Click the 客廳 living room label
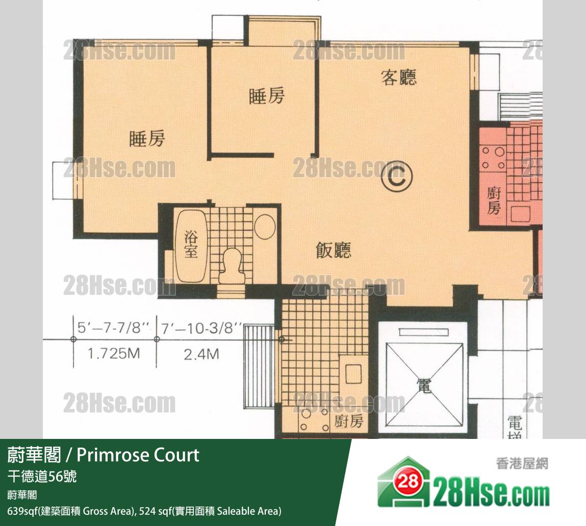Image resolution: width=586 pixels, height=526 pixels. pyautogui.click(x=398, y=77)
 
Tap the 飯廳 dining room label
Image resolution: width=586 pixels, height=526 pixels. pyautogui.click(x=334, y=250)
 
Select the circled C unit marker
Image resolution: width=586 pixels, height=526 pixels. pyautogui.click(x=397, y=177)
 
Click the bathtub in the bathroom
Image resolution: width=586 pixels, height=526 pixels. pyautogui.click(x=191, y=246)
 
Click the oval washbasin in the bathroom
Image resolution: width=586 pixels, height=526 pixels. pyautogui.click(x=265, y=226)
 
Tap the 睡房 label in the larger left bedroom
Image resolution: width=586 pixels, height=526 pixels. pyautogui.click(x=147, y=139)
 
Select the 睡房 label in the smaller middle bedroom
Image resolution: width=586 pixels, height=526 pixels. pyautogui.click(x=266, y=96)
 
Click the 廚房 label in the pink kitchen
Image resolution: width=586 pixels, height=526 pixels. pyautogui.click(x=493, y=201)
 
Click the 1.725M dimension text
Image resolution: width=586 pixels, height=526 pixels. pyautogui.click(x=114, y=353)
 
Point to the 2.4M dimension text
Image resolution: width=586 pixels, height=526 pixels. pyautogui.click(x=201, y=354)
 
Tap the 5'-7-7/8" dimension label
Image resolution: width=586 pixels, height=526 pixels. pyautogui.click(x=113, y=327)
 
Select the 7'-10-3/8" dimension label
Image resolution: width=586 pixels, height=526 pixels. pyautogui.click(x=200, y=328)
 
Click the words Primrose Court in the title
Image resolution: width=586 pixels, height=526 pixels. pyautogui.click(x=138, y=455)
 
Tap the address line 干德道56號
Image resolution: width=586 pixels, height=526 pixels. pyautogui.click(x=42, y=477)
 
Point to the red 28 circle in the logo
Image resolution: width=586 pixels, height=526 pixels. pyautogui.click(x=408, y=482)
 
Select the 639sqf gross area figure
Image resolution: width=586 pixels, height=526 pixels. pyautogui.click(x=23, y=511)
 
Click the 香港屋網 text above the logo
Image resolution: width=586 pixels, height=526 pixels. pyautogui.click(x=522, y=463)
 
